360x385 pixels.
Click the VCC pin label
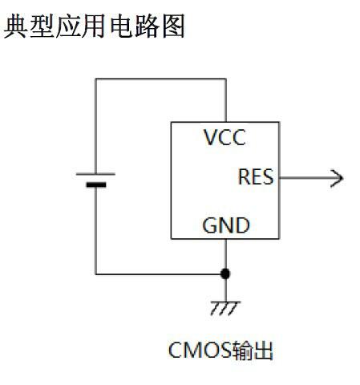pos(224,137)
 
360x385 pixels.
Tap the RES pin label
pos(256,176)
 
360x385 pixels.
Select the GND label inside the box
pos(226,225)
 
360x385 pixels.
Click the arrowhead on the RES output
pos(337,178)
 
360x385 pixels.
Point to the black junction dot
pos(225,274)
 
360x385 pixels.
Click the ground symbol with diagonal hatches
pos(225,308)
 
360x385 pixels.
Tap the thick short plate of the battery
pos(96,184)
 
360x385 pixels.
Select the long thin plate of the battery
pos(95,174)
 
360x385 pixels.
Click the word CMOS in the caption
pos(200,350)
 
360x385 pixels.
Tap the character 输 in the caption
pos(242,351)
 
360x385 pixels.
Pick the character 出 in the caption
pos(263,351)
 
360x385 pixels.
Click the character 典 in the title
pos(15,26)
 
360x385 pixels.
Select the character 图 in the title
pos(173,26)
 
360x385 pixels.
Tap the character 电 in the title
pos(121,26)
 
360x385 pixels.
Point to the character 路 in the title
pos(147,26)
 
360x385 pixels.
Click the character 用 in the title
pos(94,26)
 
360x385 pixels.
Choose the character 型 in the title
pos(42,26)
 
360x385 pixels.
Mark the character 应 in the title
pos(68,26)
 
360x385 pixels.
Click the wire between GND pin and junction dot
pos(226,254)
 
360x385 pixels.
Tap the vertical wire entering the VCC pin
pos(226,100)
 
